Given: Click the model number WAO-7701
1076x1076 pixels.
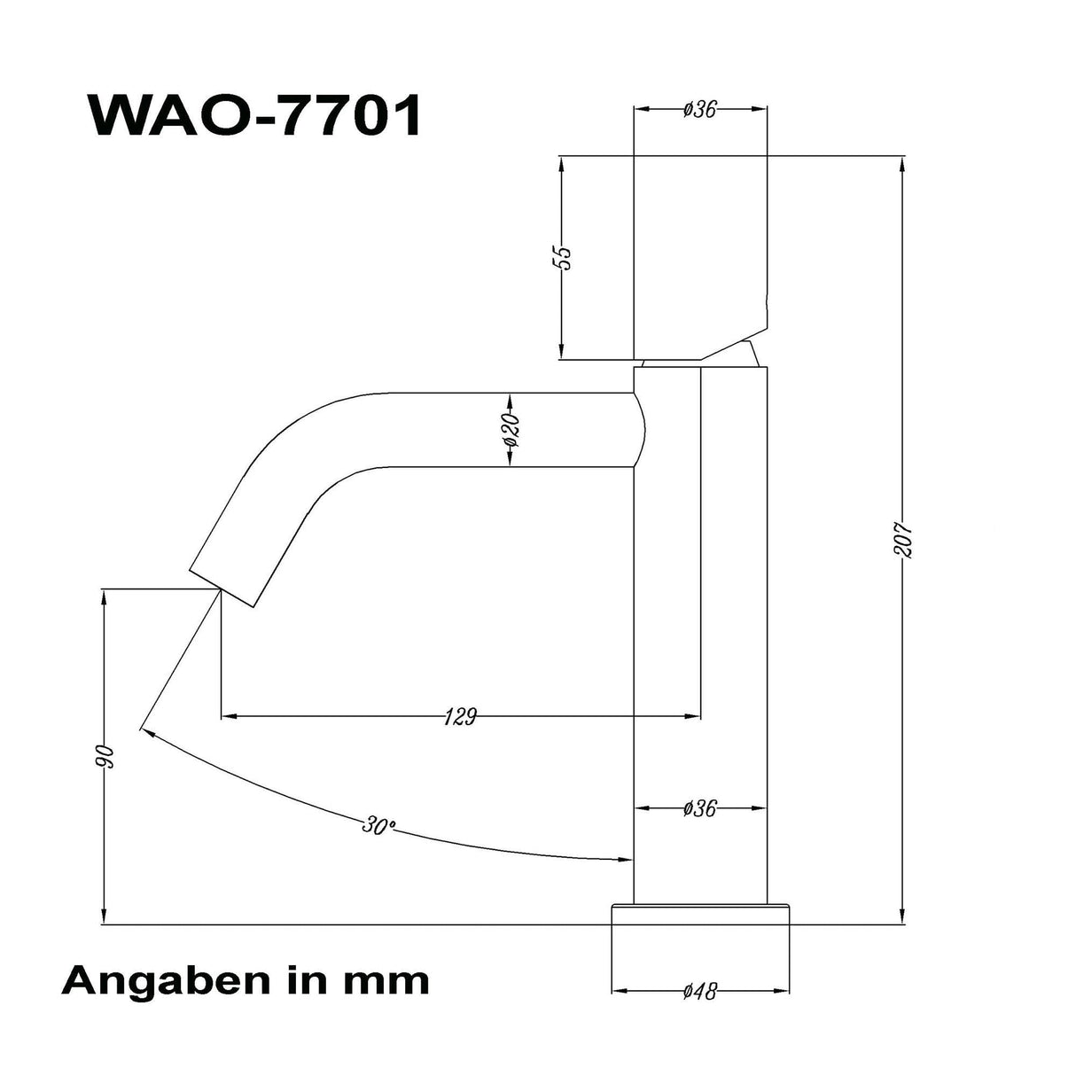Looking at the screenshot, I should coord(254,114).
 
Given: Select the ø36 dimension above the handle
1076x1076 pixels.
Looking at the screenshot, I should coord(699,110).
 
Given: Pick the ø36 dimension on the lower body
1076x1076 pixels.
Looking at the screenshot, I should coord(699,808).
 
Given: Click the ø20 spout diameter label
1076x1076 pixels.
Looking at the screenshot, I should coord(511,430).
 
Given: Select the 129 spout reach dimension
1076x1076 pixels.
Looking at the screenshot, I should coord(460,716).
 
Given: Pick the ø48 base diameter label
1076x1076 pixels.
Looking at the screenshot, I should coord(699,991).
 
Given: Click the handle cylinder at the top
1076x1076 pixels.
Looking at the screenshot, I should coord(699,257).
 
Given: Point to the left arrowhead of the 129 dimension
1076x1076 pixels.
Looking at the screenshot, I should coord(226,714).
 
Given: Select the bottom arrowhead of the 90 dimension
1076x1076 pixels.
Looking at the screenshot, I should coord(105,918).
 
